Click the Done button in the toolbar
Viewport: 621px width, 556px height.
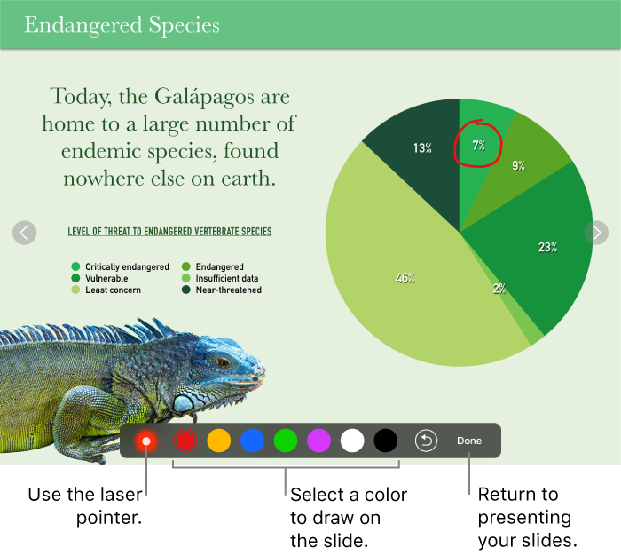(x=469, y=441)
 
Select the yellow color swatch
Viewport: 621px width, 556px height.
(x=218, y=441)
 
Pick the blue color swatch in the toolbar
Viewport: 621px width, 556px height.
(x=252, y=441)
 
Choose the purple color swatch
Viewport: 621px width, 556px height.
(x=318, y=441)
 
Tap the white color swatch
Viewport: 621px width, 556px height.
(x=352, y=441)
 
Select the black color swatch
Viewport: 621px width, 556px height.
(x=386, y=441)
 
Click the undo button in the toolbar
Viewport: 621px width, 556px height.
(x=426, y=441)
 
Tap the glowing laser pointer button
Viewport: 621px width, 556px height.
(x=145, y=441)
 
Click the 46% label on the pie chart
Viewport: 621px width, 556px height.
(x=405, y=278)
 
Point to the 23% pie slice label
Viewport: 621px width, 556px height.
(x=547, y=248)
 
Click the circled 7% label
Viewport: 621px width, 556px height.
(x=478, y=145)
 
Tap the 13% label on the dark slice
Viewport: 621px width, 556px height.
(x=422, y=148)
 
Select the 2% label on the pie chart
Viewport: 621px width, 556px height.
(x=499, y=289)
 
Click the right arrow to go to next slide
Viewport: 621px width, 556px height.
(x=596, y=232)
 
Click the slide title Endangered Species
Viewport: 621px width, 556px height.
(x=122, y=25)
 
